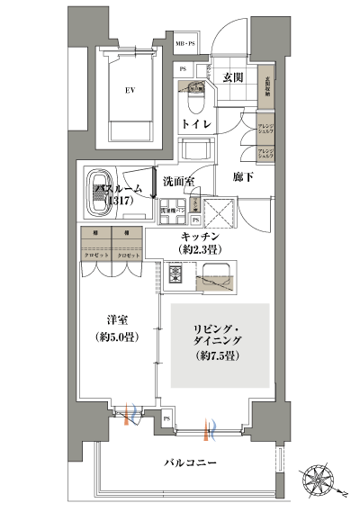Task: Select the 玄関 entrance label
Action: (x=233, y=78)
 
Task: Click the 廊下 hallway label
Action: (x=243, y=177)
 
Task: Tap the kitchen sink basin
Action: (x=216, y=277)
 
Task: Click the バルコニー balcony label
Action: (x=193, y=463)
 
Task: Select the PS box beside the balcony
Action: (x=167, y=418)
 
